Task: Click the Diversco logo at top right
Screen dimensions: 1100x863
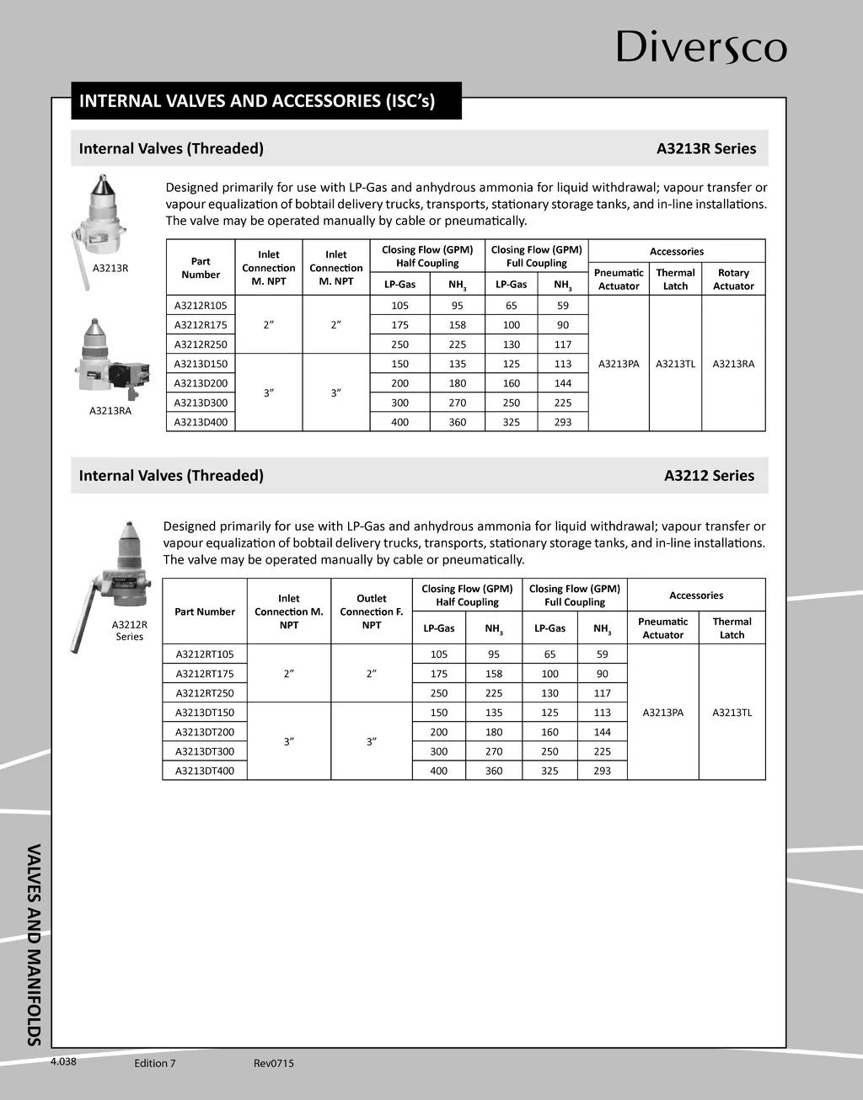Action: point(701,47)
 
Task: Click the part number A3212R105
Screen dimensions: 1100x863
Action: point(201,306)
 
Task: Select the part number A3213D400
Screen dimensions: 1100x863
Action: point(201,422)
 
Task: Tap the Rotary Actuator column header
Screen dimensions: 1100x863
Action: point(733,280)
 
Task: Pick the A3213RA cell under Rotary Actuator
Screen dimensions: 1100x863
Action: point(733,364)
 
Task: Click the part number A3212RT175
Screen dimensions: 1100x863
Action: point(205,674)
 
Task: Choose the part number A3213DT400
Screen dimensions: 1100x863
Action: point(205,771)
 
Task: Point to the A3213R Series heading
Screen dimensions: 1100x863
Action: point(705,149)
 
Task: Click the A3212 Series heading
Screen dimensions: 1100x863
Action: point(709,476)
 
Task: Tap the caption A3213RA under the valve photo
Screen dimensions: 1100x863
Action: point(110,411)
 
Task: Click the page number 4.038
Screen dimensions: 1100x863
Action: point(63,1062)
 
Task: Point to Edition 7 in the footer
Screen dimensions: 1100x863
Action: point(155,1064)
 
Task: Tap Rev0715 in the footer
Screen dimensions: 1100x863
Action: point(274,1064)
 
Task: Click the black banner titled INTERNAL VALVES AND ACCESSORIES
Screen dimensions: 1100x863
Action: point(265,101)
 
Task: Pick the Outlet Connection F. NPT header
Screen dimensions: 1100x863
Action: point(372,611)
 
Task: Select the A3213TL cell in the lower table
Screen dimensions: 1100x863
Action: point(732,713)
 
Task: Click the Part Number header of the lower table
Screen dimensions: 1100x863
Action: point(205,611)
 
